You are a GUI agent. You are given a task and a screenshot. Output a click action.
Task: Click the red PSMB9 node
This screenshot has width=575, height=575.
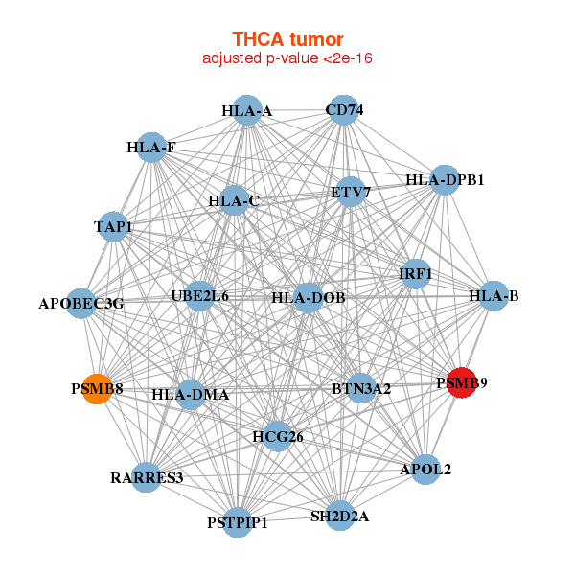point(461,383)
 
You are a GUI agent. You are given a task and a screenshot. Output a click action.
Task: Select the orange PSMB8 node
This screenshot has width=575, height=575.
point(96,389)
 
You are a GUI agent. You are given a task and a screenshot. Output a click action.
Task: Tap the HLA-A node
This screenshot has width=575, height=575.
point(247,110)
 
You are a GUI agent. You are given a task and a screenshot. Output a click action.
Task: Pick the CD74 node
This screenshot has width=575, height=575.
point(344,109)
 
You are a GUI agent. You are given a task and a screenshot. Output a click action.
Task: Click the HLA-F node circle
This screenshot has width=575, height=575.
point(151,148)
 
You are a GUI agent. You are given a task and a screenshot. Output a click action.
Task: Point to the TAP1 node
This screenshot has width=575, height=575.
point(114,226)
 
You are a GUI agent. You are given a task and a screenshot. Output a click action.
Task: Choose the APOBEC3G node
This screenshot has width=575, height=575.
point(82,303)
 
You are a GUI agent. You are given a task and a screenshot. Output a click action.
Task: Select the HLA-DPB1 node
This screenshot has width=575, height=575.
point(444,179)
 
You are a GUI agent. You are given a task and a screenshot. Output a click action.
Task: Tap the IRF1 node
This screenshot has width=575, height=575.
point(415,274)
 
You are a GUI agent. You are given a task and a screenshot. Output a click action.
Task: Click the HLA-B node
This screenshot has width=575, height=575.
point(494,296)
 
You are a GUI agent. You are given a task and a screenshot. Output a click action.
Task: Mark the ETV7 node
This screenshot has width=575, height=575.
point(351,193)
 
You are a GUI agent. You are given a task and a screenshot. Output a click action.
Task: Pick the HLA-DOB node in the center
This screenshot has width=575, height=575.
point(309,298)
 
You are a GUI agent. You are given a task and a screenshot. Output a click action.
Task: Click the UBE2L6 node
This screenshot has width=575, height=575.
point(199,296)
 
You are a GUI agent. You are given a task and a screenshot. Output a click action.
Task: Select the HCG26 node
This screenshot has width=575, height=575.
point(278,437)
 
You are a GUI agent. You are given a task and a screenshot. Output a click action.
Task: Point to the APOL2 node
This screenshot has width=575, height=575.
point(425,469)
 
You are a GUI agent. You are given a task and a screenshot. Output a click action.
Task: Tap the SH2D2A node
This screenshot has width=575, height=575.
point(339,516)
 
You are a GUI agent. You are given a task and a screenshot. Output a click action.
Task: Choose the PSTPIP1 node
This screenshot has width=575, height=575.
point(238,522)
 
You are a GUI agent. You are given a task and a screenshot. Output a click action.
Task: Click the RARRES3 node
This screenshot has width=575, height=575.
point(147,476)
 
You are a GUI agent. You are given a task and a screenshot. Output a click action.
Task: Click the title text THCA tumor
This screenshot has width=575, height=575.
point(287,39)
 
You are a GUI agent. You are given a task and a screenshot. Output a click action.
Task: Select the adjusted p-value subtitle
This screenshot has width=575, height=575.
point(287,58)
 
